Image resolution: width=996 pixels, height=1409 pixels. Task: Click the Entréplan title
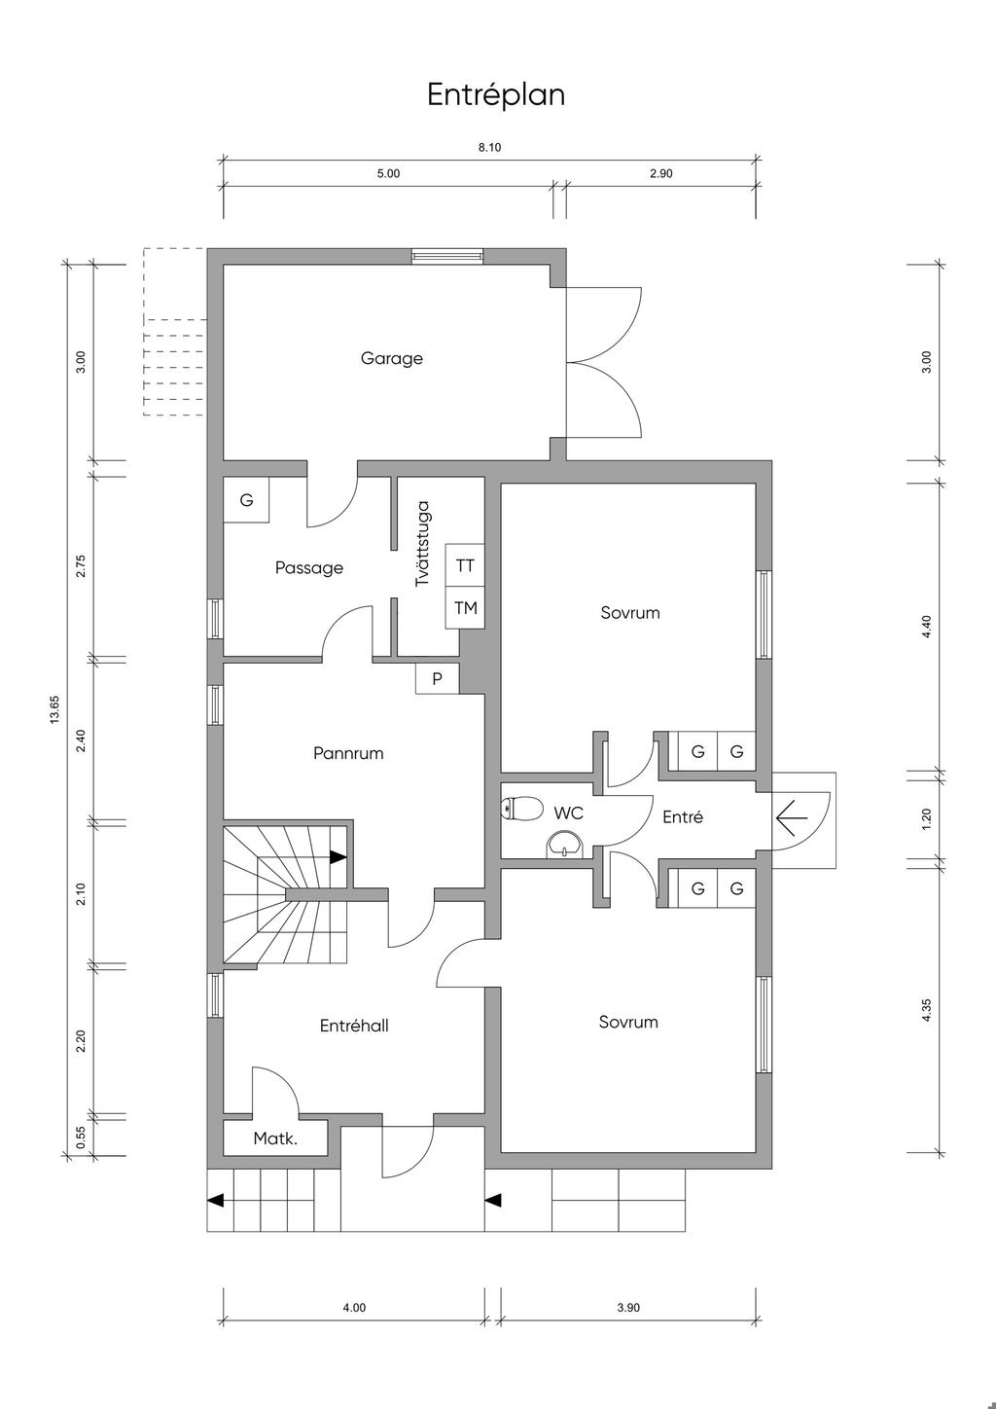pos(496,95)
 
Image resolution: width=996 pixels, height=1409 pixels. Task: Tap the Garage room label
pos(392,358)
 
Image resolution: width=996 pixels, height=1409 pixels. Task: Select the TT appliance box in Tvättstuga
pos(465,565)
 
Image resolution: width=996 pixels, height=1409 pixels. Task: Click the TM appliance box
pos(465,608)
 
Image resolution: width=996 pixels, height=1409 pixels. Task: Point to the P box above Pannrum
pos(437,678)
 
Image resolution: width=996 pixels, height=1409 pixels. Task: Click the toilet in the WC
pos(523,808)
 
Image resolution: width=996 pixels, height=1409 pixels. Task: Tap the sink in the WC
pos(563,845)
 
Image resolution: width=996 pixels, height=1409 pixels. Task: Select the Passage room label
pos(308,567)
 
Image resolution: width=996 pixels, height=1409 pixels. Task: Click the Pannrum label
pos(348,753)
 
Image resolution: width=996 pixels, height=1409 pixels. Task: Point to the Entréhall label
pos(354,1026)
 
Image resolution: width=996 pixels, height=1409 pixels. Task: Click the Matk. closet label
pos(275,1138)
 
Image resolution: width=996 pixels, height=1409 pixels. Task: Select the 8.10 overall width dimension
pos(489,148)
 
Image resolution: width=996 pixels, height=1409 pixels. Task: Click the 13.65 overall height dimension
pos(54,708)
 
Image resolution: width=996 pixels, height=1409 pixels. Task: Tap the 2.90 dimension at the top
pos(661,174)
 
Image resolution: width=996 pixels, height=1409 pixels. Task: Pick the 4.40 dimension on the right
pos(927,627)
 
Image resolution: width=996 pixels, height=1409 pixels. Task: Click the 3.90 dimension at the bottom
pos(628,1308)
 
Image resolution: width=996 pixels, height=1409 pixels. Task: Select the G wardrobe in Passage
pos(246,500)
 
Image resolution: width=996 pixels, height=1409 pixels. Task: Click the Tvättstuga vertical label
pos(422,543)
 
